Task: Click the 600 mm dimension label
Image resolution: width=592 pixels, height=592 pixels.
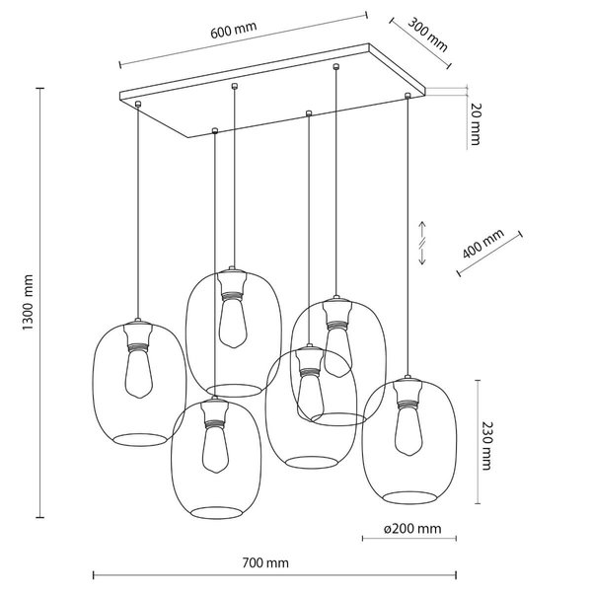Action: tap(233, 30)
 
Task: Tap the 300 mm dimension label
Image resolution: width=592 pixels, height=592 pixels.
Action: tap(427, 35)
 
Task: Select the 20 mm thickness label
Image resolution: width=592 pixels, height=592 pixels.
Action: tap(476, 124)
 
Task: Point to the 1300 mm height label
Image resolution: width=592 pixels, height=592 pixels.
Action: tap(28, 302)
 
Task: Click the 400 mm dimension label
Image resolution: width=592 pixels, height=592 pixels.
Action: tap(482, 244)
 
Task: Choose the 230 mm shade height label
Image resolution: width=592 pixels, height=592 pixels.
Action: tap(487, 446)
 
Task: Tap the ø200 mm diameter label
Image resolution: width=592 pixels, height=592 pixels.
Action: tap(412, 529)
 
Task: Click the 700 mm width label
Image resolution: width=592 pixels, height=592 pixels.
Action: tap(265, 563)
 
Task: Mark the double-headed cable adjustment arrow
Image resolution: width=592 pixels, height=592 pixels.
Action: tap(422, 243)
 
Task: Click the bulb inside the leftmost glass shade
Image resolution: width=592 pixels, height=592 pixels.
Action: tap(139, 373)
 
